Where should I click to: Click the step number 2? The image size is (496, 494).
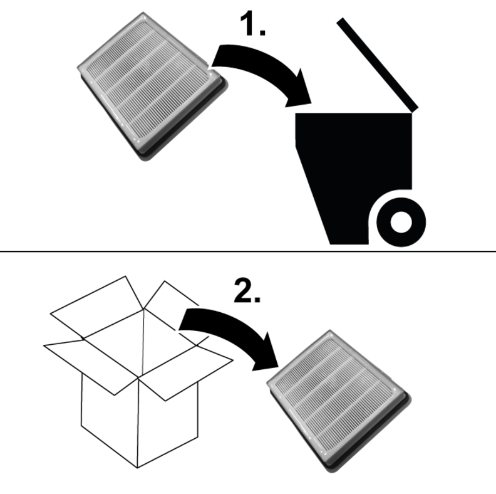pyautogui.click(x=247, y=290)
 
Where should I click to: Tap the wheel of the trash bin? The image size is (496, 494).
pyautogui.click(x=401, y=222)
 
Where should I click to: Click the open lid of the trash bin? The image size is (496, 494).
pyautogui.click(x=377, y=65)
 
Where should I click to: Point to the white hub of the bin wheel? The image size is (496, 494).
pyautogui.click(x=401, y=222)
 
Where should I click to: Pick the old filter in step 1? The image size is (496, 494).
pyautogui.click(x=152, y=86)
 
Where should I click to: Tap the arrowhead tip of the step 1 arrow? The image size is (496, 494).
pyautogui.click(x=311, y=103)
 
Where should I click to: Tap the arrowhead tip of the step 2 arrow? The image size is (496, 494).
pyautogui.click(x=278, y=367)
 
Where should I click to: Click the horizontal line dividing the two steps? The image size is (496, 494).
pyautogui.click(x=248, y=251)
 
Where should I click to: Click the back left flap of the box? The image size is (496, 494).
pyautogui.click(x=97, y=306)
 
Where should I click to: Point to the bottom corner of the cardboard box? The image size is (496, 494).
pyautogui.click(x=137, y=468)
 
